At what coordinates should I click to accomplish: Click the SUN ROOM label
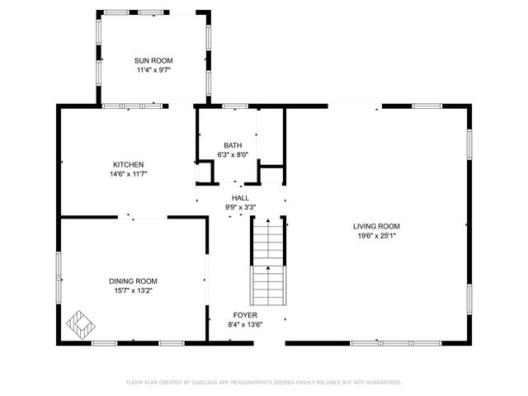coord(153,61)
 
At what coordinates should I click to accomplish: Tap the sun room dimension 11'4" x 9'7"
coord(153,71)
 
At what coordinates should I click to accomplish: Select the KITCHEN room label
coord(129,164)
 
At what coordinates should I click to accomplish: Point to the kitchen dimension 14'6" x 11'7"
coord(129,174)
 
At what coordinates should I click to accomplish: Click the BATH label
coord(233,145)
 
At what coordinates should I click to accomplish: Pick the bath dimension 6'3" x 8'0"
coord(233,154)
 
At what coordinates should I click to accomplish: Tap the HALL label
coord(240,198)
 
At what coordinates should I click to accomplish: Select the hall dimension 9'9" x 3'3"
coord(240,208)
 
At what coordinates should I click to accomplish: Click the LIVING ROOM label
coord(376,226)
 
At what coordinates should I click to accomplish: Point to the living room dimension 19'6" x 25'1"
coord(376,236)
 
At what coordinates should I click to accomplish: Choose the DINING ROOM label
coord(133,280)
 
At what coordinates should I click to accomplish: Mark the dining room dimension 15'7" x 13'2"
coord(133,290)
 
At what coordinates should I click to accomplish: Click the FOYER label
coord(245,315)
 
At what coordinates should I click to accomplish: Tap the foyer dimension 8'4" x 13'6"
coord(245,325)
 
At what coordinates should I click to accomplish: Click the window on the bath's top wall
coord(235,106)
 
